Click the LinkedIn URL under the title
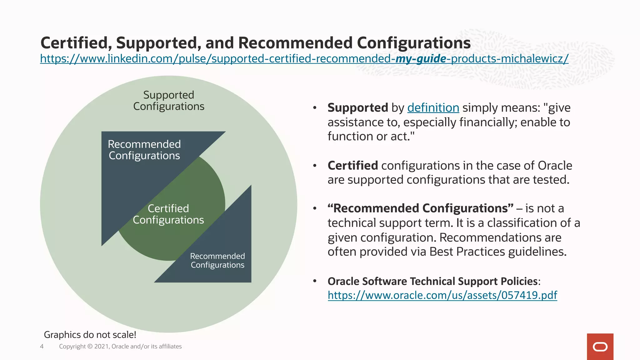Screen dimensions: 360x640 (304, 59)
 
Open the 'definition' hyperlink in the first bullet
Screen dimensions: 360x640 (433, 108)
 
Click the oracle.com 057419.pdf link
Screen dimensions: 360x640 (442, 295)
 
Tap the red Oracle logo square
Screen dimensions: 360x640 (600, 347)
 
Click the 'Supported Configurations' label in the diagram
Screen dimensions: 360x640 (169, 101)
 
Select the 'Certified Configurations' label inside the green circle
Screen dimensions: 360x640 (168, 214)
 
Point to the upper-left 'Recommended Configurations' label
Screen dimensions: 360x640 (144, 150)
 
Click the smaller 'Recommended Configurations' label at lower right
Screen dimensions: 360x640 (217, 261)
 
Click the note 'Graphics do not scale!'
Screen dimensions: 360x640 (90, 335)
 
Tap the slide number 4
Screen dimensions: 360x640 (42, 346)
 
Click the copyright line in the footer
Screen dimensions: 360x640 (120, 346)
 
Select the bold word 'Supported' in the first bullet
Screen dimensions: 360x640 (357, 108)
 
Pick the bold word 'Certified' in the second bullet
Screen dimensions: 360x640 (352, 166)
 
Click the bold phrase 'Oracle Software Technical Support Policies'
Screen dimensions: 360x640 (432, 281)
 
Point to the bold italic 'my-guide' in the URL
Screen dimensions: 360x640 (421, 59)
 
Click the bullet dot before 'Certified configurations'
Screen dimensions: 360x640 (315, 166)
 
